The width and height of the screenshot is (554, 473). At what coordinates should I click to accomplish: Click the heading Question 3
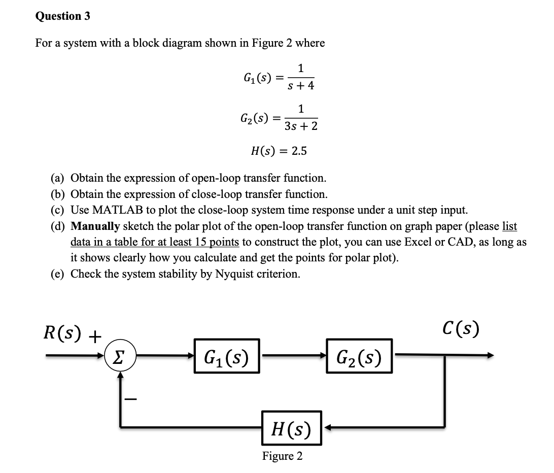coord(63,16)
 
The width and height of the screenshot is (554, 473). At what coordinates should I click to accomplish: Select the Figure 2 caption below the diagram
coord(282,456)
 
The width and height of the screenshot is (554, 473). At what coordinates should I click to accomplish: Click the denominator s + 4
coord(301,86)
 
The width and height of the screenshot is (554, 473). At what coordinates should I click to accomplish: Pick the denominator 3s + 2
coord(301,126)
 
